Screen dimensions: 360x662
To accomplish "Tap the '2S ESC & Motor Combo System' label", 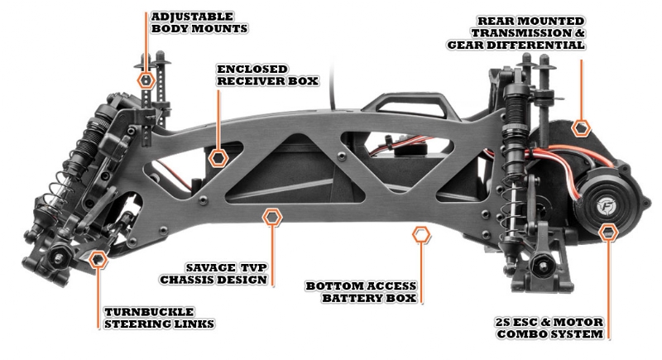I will pyautogui.click(x=549, y=327).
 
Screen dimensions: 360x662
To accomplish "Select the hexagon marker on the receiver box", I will pyautogui.click(x=219, y=156).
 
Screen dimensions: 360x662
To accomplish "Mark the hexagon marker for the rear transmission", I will pyautogui.click(x=582, y=127).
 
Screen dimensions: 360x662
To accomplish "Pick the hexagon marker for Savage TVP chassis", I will pyautogui.click(x=271, y=218).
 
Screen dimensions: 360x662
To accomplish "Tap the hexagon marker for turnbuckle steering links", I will pyautogui.click(x=98, y=261).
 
